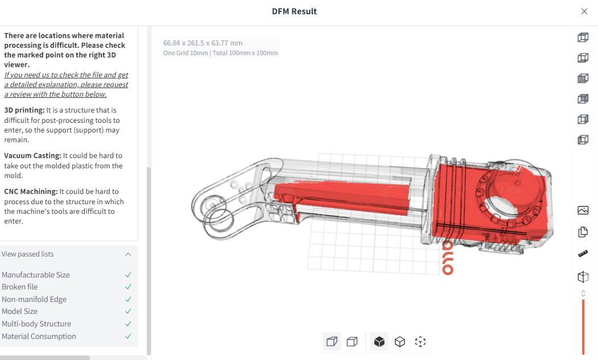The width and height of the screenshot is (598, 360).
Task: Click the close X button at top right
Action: pos(584,11)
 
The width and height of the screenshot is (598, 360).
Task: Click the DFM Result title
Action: pos(294,11)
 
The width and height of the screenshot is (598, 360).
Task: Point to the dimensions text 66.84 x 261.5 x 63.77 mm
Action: pos(203,43)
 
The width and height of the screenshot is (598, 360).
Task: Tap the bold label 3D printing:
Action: pos(24,110)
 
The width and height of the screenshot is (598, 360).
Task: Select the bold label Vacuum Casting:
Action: pos(32,156)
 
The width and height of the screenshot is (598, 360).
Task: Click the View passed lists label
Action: pos(28,254)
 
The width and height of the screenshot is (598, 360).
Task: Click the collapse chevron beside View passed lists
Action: pos(128,254)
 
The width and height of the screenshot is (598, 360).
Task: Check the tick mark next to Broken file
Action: pos(128,287)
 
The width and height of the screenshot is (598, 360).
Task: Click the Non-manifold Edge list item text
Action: pos(34,300)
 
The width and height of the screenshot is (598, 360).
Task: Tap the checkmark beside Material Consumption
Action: pos(128,337)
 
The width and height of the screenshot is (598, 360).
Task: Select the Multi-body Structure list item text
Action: pos(36,324)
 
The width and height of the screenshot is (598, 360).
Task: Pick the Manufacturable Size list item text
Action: pos(36,275)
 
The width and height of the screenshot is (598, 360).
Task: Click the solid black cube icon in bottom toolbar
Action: pos(380,341)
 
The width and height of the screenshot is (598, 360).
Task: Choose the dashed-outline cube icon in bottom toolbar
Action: pos(420,341)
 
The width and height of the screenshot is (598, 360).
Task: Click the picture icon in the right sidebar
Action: pos(583,210)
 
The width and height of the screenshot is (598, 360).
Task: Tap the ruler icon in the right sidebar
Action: pos(583,254)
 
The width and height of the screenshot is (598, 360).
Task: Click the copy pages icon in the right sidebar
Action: pos(583,232)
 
